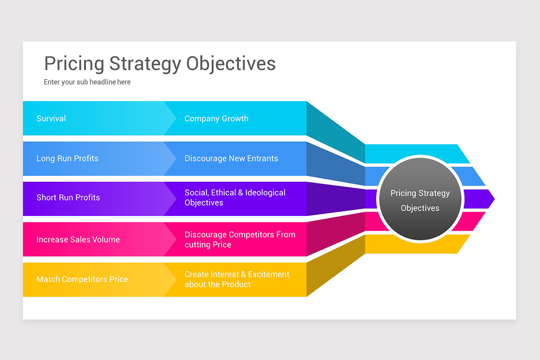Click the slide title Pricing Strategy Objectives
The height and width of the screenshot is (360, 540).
(x=160, y=63)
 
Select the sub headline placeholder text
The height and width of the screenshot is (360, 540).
(x=87, y=82)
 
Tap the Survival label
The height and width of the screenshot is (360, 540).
(x=51, y=118)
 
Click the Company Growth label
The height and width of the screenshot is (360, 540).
(x=216, y=118)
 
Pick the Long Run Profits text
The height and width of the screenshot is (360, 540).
(x=67, y=158)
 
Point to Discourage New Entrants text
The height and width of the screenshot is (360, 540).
(x=231, y=158)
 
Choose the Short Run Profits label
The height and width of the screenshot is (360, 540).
(x=68, y=198)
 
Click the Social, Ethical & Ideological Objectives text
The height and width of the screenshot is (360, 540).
(x=235, y=198)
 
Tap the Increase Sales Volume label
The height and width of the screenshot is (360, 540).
(x=78, y=239)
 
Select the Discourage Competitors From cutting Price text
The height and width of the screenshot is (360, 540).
(x=240, y=239)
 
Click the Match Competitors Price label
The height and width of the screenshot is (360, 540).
(x=82, y=279)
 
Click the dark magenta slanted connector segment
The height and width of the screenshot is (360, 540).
(x=335, y=234)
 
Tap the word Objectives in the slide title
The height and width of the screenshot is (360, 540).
(x=231, y=63)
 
